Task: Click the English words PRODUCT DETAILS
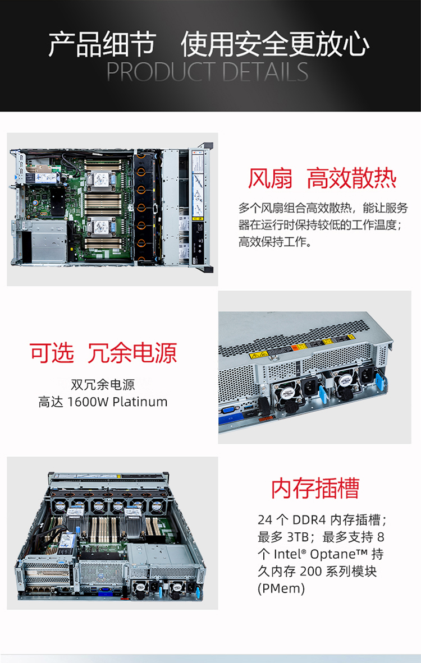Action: [207, 71]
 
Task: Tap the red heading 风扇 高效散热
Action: [322, 178]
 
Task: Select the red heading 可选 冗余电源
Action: [103, 353]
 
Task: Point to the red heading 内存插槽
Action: [315, 488]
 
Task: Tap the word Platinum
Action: [140, 402]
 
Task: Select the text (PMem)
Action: [281, 588]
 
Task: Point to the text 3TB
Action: [298, 537]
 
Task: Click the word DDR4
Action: [309, 519]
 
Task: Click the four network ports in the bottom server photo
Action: [37, 588]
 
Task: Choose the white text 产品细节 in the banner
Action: [102, 44]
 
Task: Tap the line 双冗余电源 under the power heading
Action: [103, 384]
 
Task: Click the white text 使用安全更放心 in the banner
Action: [276, 44]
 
